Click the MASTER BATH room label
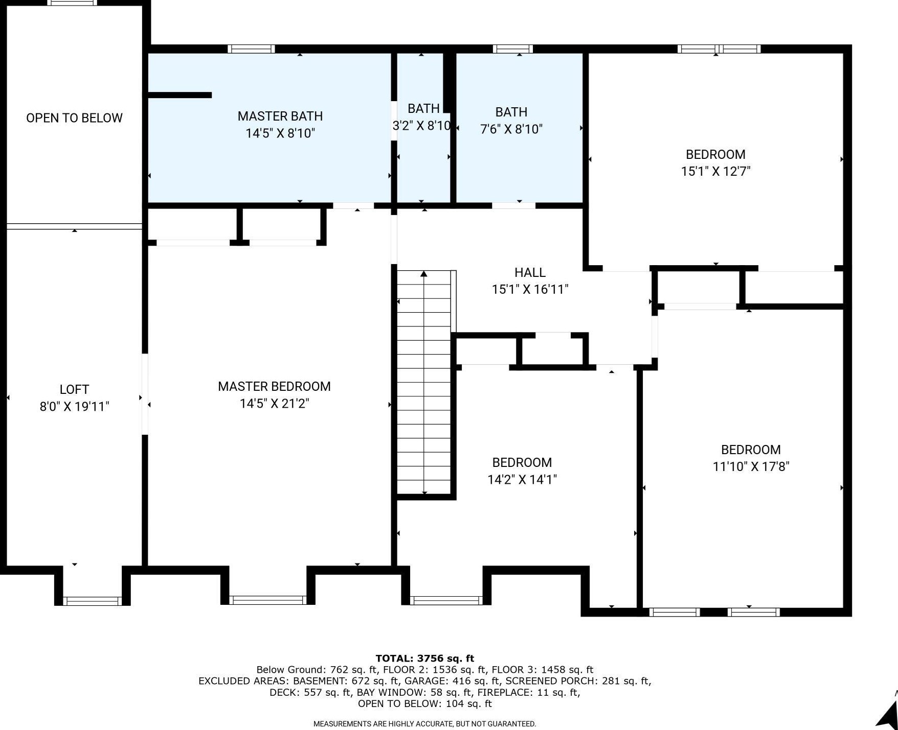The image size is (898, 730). coord(280,116)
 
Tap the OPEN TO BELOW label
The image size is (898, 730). coord(74,118)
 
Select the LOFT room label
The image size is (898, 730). coord(74,389)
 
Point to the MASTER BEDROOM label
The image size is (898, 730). coord(274,386)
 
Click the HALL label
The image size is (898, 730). coord(530,272)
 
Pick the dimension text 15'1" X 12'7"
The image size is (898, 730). coord(715,171)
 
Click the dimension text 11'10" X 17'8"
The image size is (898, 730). coord(751,466)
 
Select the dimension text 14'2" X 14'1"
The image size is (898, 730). coord(522,479)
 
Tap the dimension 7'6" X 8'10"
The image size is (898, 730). coord(511,129)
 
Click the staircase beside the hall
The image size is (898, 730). coord(424,382)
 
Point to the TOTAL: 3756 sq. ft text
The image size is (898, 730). coord(424,658)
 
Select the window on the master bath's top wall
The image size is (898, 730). coord(251,49)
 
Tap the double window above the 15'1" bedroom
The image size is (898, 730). coord(719,49)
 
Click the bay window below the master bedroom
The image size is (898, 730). coord(267,600)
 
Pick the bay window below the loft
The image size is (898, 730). coord(92,601)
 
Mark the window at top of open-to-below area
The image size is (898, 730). coord(72,3)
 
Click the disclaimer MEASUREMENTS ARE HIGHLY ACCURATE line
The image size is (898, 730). coord(424,723)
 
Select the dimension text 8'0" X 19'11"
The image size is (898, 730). coord(74,407)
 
